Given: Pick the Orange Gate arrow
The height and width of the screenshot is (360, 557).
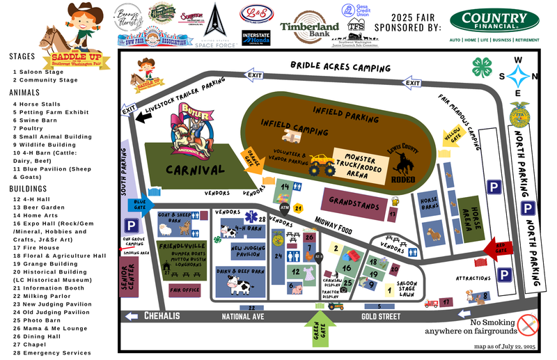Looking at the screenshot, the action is click(251, 158).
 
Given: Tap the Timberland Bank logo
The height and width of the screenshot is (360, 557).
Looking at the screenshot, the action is click(309, 26).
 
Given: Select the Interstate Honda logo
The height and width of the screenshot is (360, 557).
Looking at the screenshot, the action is click(256, 38).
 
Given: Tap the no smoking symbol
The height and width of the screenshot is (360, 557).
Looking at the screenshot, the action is click(528, 323).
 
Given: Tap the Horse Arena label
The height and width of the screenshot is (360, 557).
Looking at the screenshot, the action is click(474, 223).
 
